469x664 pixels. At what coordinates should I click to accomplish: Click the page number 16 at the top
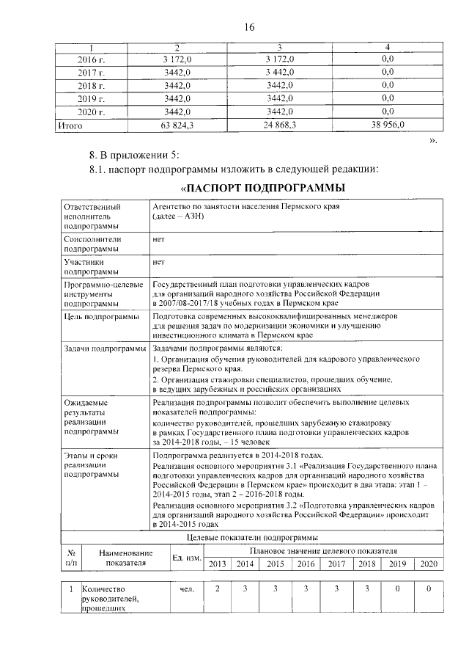[x=248, y=28]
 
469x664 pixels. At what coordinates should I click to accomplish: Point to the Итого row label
[x=70, y=125]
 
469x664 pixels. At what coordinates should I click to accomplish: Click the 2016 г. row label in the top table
[x=92, y=59]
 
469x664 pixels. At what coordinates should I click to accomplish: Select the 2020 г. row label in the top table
[x=92, y=112]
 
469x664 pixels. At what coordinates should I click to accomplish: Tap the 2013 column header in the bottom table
[x=218, y=563]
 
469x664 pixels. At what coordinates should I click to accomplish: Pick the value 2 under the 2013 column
[x=218, y=589]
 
